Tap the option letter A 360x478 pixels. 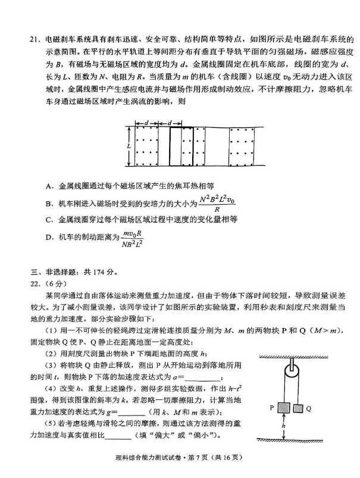pos(48,185)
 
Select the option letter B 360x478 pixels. pos(48,204)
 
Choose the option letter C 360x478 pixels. pos(48,220)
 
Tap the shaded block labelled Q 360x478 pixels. pos(298,408)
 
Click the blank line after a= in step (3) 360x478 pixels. pos(202,377)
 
